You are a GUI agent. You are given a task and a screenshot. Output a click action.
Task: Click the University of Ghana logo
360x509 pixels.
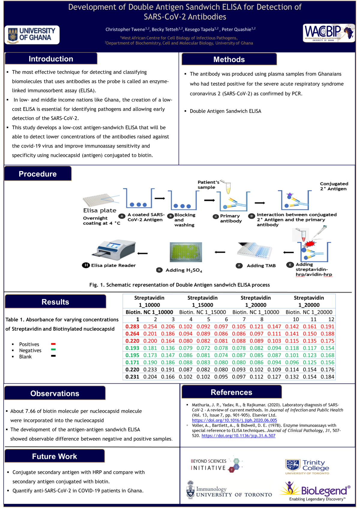32,35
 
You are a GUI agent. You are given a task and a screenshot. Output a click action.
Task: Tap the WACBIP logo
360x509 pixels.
329,33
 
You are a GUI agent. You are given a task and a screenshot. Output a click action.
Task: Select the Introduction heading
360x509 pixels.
51,59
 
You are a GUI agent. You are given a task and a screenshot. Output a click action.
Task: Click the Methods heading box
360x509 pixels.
229,59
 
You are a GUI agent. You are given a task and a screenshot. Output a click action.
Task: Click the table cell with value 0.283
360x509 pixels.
132,326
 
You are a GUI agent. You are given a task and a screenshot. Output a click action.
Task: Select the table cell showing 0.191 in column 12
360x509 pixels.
327,326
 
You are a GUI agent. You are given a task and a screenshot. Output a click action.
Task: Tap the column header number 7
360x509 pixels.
244,319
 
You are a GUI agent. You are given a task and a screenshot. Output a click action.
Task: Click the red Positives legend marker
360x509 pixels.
53,344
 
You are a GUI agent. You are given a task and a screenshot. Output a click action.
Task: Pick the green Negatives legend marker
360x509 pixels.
53,350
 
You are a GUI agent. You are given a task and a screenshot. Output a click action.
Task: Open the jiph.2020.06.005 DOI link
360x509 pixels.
234,420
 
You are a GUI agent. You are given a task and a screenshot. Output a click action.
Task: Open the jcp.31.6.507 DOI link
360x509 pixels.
238,436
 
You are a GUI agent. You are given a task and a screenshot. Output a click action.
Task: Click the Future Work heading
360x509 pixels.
55,456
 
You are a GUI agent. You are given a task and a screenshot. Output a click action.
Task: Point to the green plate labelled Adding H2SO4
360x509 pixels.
186,252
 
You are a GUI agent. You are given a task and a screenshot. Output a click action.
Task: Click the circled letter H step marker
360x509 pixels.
86,265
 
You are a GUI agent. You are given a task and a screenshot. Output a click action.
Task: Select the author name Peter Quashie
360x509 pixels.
236,29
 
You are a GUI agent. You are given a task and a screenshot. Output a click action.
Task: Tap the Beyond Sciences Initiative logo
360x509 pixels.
216,465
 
